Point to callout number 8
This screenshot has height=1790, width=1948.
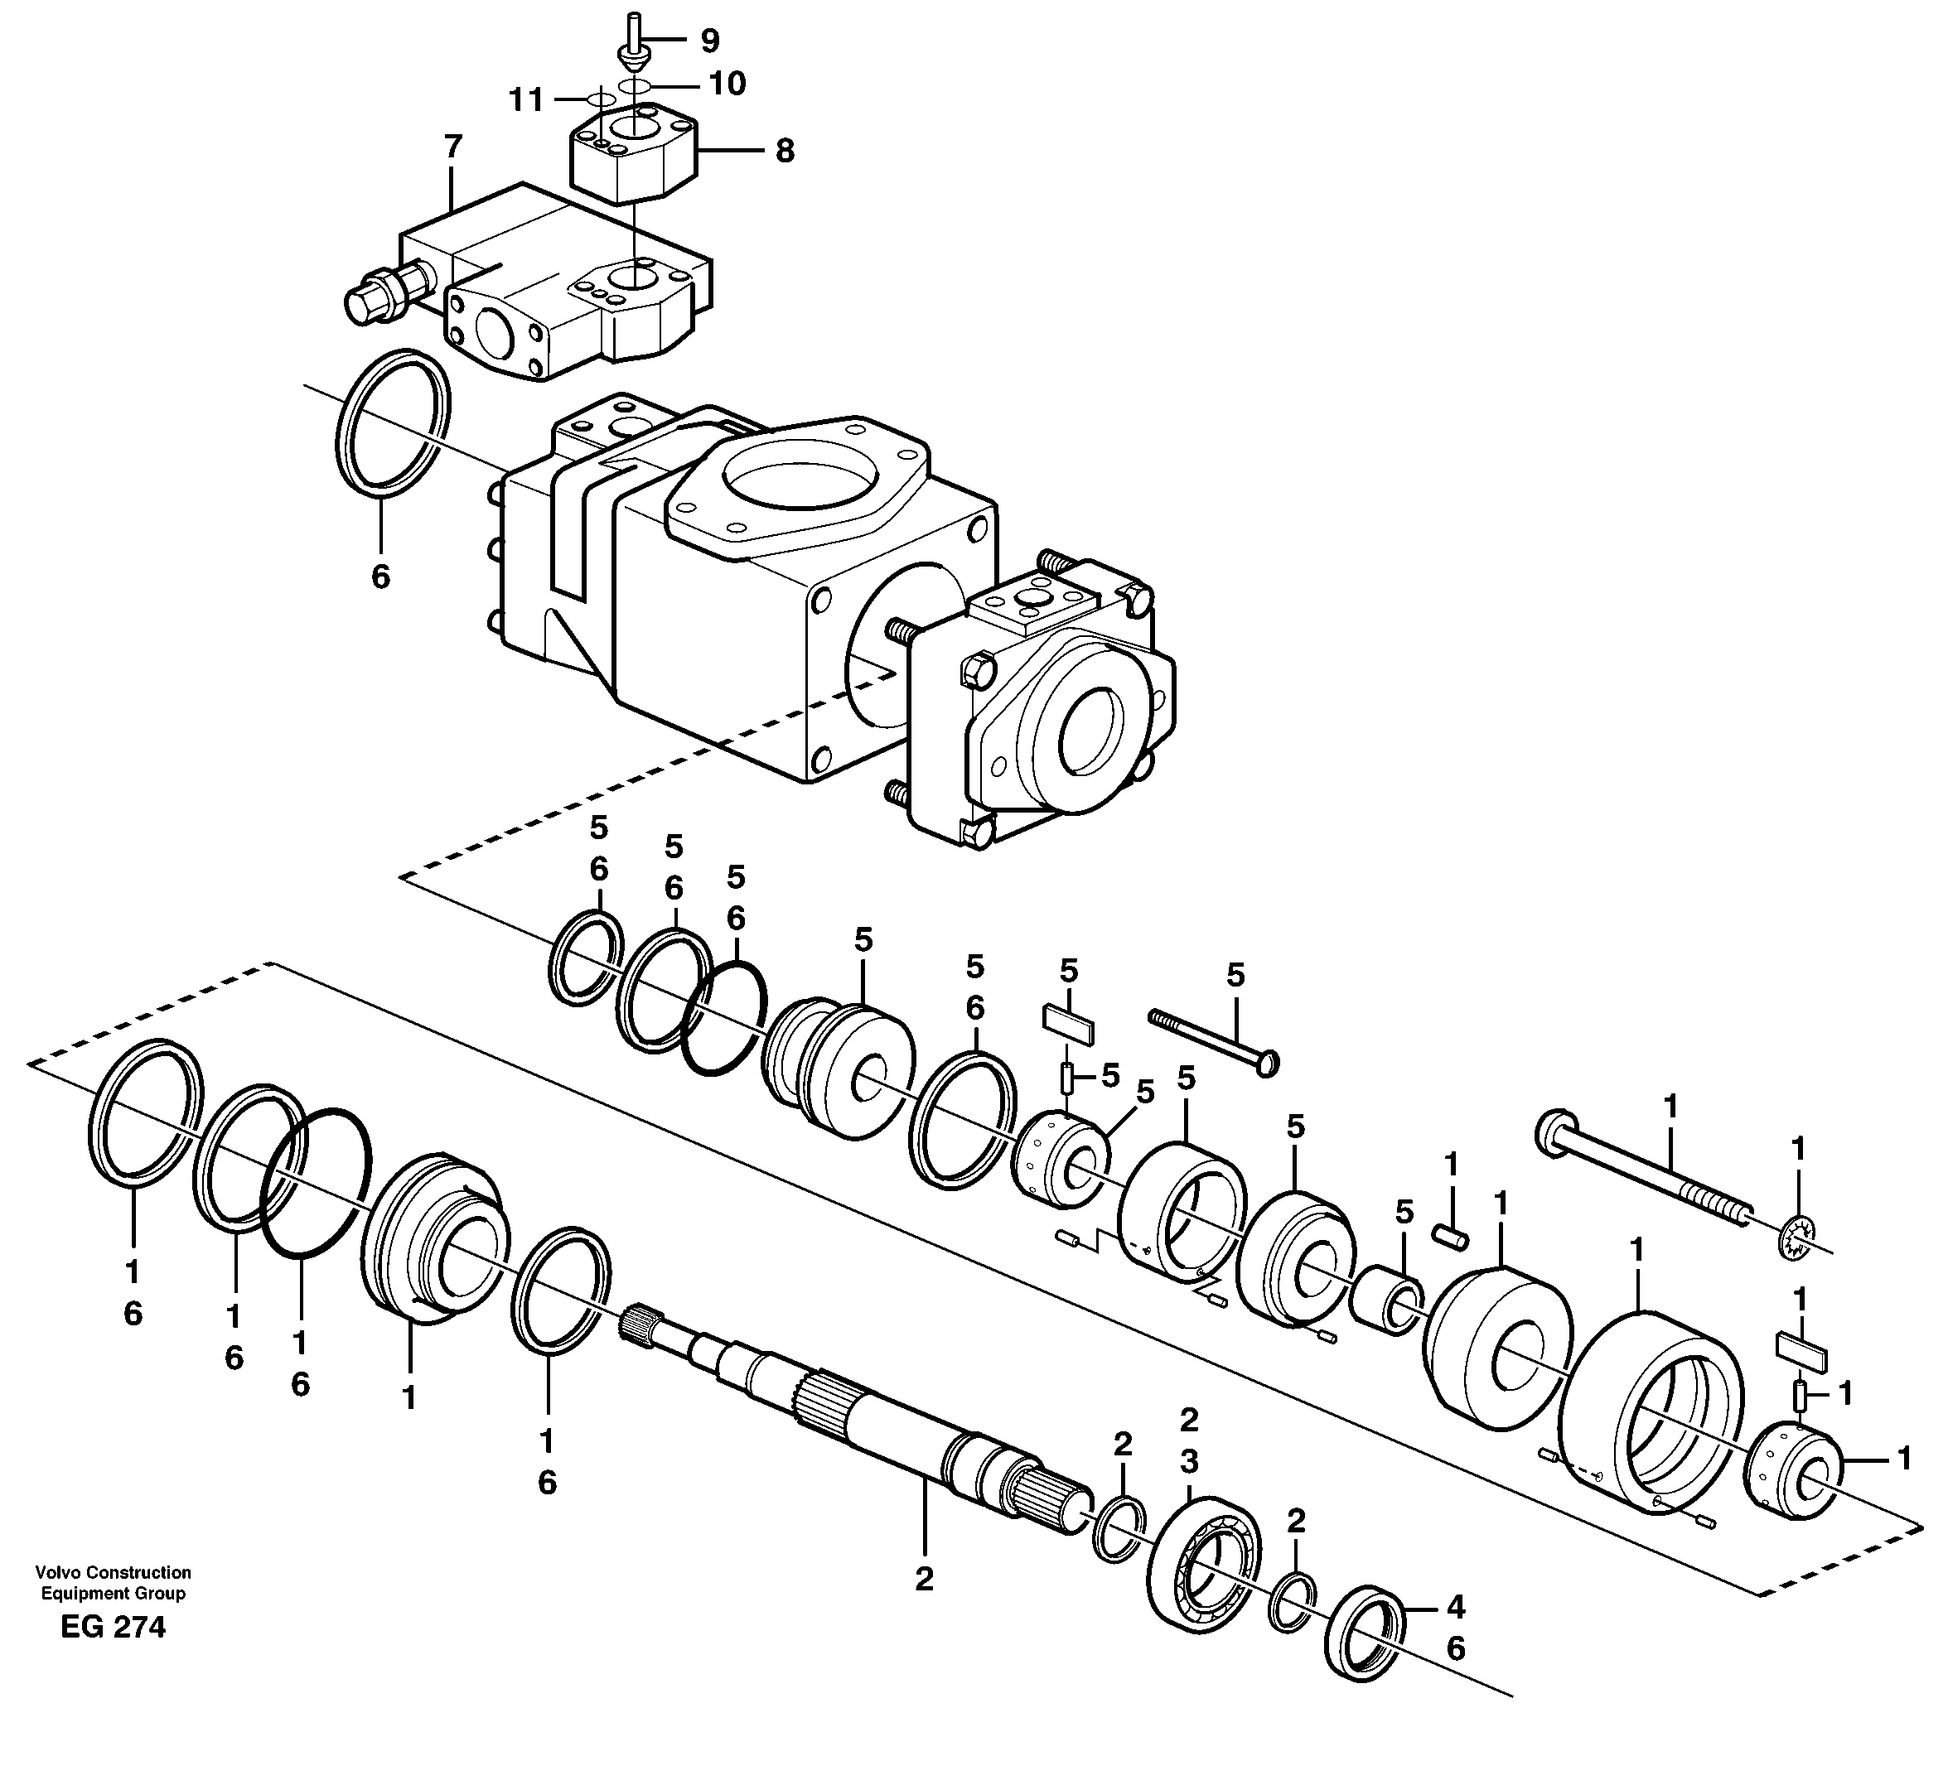click(784, 151)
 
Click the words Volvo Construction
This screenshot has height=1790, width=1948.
click(113, 1572)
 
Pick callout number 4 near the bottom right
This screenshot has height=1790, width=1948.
click(1455, 1607)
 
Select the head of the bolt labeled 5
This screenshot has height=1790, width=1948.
click(1266, 1063)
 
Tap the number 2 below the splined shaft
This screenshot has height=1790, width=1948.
click(923, 1579)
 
